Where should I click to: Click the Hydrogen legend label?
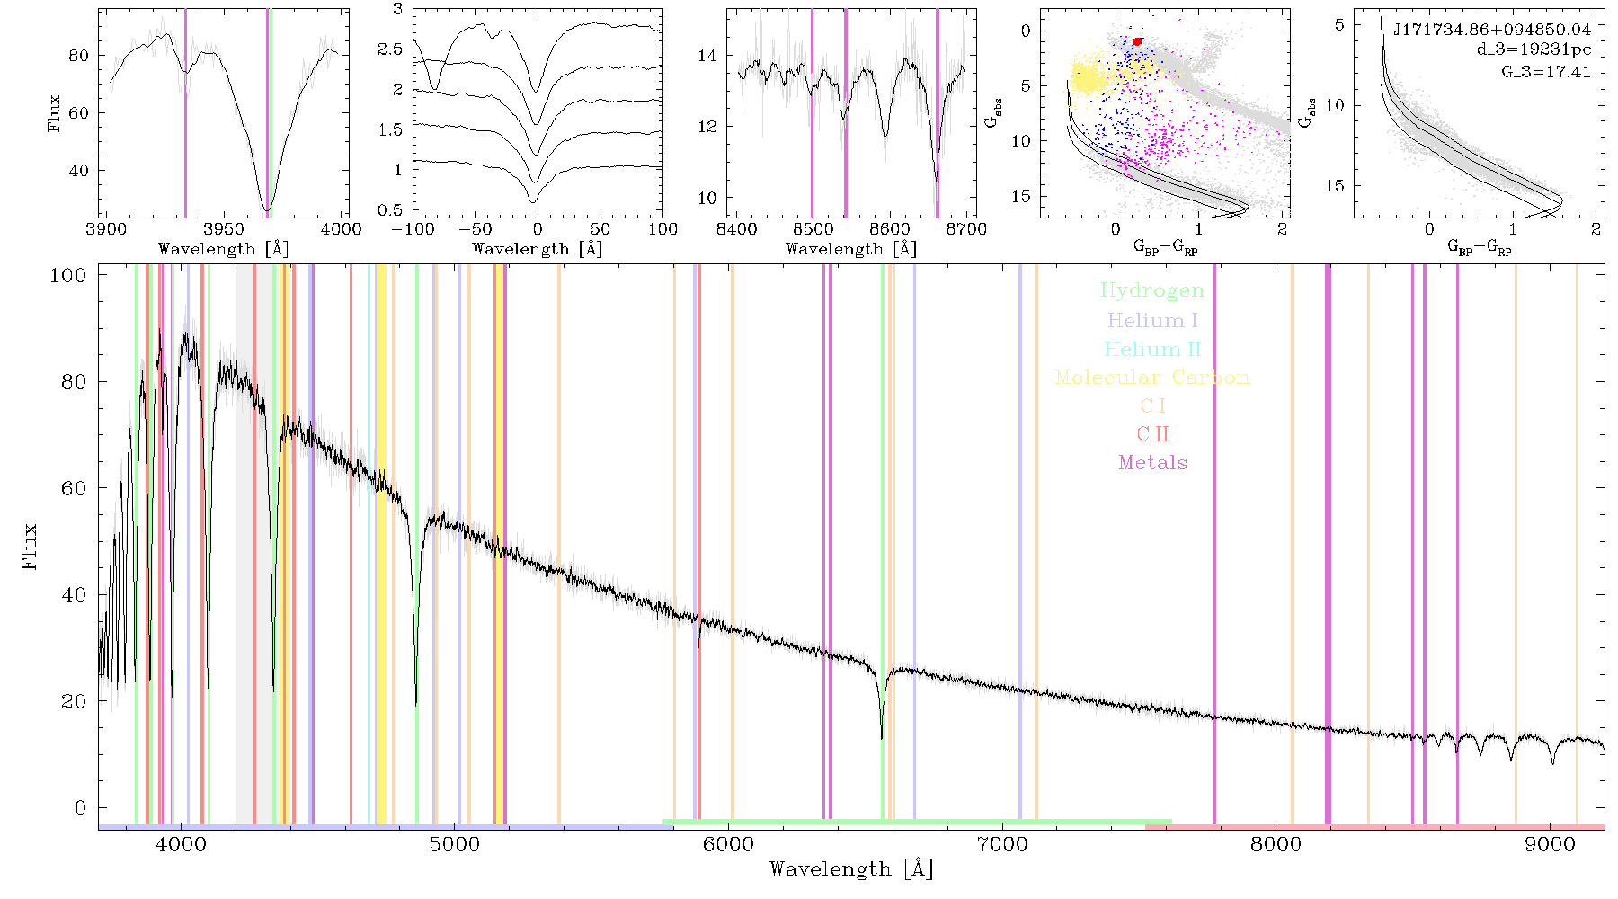tap(1152, 290)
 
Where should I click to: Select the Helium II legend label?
tap(1152, 349)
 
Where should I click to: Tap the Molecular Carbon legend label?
tap(1152, 378)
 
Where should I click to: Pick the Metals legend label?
tap(1153, 462)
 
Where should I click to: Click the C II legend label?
tap(1153, 434)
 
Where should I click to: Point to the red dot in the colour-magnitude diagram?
tap(1137, 41)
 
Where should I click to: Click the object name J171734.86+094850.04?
tap(1492, 30)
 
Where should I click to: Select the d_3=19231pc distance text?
tap(1534, 50)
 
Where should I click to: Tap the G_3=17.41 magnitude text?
tap(1546, 71)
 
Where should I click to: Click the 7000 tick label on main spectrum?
tap(1002, 844)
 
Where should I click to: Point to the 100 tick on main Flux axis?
tap(67, 275)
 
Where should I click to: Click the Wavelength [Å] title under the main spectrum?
tap(851, 869)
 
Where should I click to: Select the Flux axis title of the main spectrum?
tap(30, 546)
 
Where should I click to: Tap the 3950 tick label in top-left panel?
tap(224, 228)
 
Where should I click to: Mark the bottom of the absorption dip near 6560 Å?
tap(882, 739)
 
